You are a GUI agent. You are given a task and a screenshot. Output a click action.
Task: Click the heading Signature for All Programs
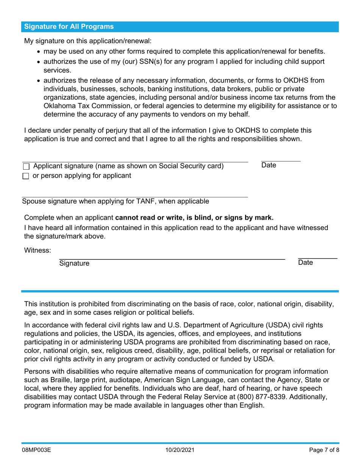click(x=69, y=27)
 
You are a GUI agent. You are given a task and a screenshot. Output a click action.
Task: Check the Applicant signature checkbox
click(x=26, y=166)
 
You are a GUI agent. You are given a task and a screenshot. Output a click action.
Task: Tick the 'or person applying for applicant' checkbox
click(x=26, y=176)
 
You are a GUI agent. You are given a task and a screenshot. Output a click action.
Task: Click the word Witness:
click(x=38, y=250)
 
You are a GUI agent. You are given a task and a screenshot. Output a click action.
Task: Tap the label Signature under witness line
click(x=74, y=263)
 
